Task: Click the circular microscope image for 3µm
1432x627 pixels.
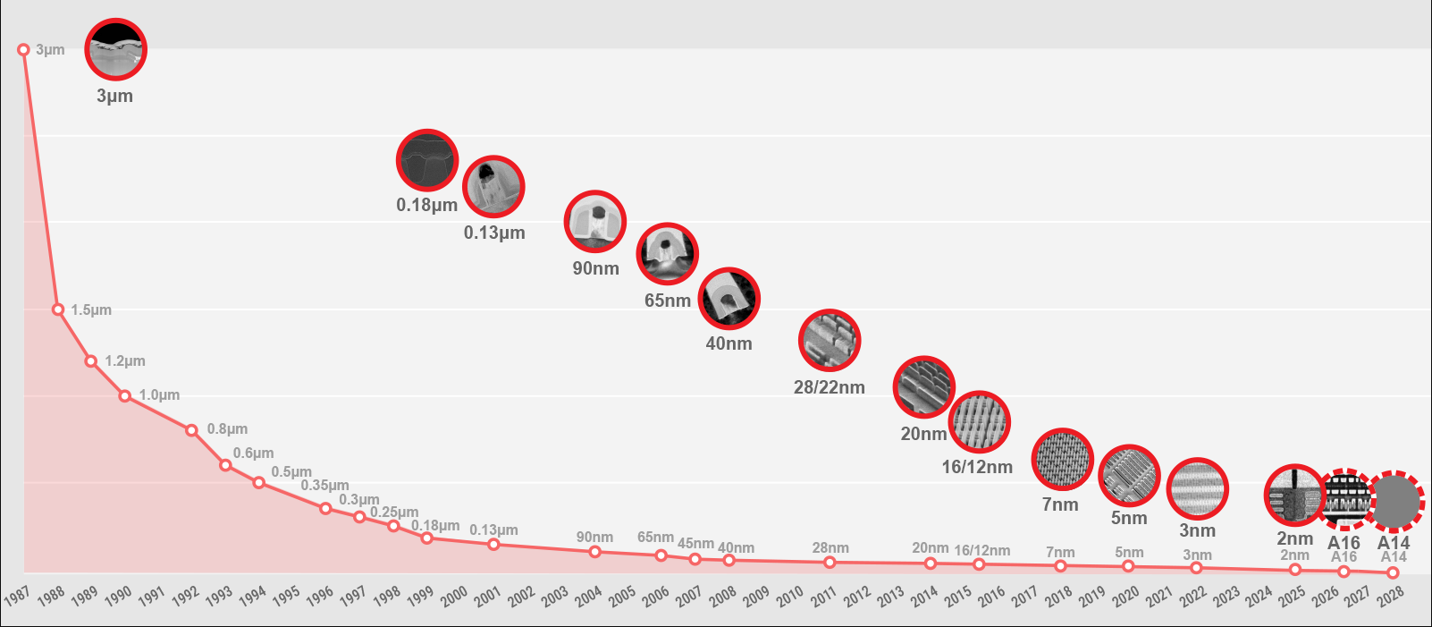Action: (x=115, y=49)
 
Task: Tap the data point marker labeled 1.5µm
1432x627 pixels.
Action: (x=58, y=309)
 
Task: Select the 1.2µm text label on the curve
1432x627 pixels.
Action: (x=125, y=361)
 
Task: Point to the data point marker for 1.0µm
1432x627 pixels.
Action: (x=125, y=396)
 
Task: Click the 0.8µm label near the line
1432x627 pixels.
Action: (x=228, y=429)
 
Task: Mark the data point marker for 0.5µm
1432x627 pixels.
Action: (x=258, y=483)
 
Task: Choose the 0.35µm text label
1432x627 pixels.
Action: (x=324, y=486)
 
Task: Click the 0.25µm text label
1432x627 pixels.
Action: (x=394, y=513)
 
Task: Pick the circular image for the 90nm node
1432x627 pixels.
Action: (x=595, y=222)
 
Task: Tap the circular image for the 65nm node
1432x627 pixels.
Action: (x=667, y=254)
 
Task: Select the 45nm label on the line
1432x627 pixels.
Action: (x=695, y=544)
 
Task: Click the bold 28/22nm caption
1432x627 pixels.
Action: (x=830, y=387)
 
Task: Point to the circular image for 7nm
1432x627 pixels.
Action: (x=1063, y=459)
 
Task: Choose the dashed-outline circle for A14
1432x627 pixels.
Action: (x=1394, y=502)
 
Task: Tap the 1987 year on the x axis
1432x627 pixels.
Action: (x=17, y=597)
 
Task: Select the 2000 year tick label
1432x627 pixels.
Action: (x=454, y=597)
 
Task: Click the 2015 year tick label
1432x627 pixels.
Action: (x=958, y=597)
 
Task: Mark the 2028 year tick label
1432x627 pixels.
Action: (x=1391, y=597)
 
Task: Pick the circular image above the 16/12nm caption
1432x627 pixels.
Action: (x=980, y=422)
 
